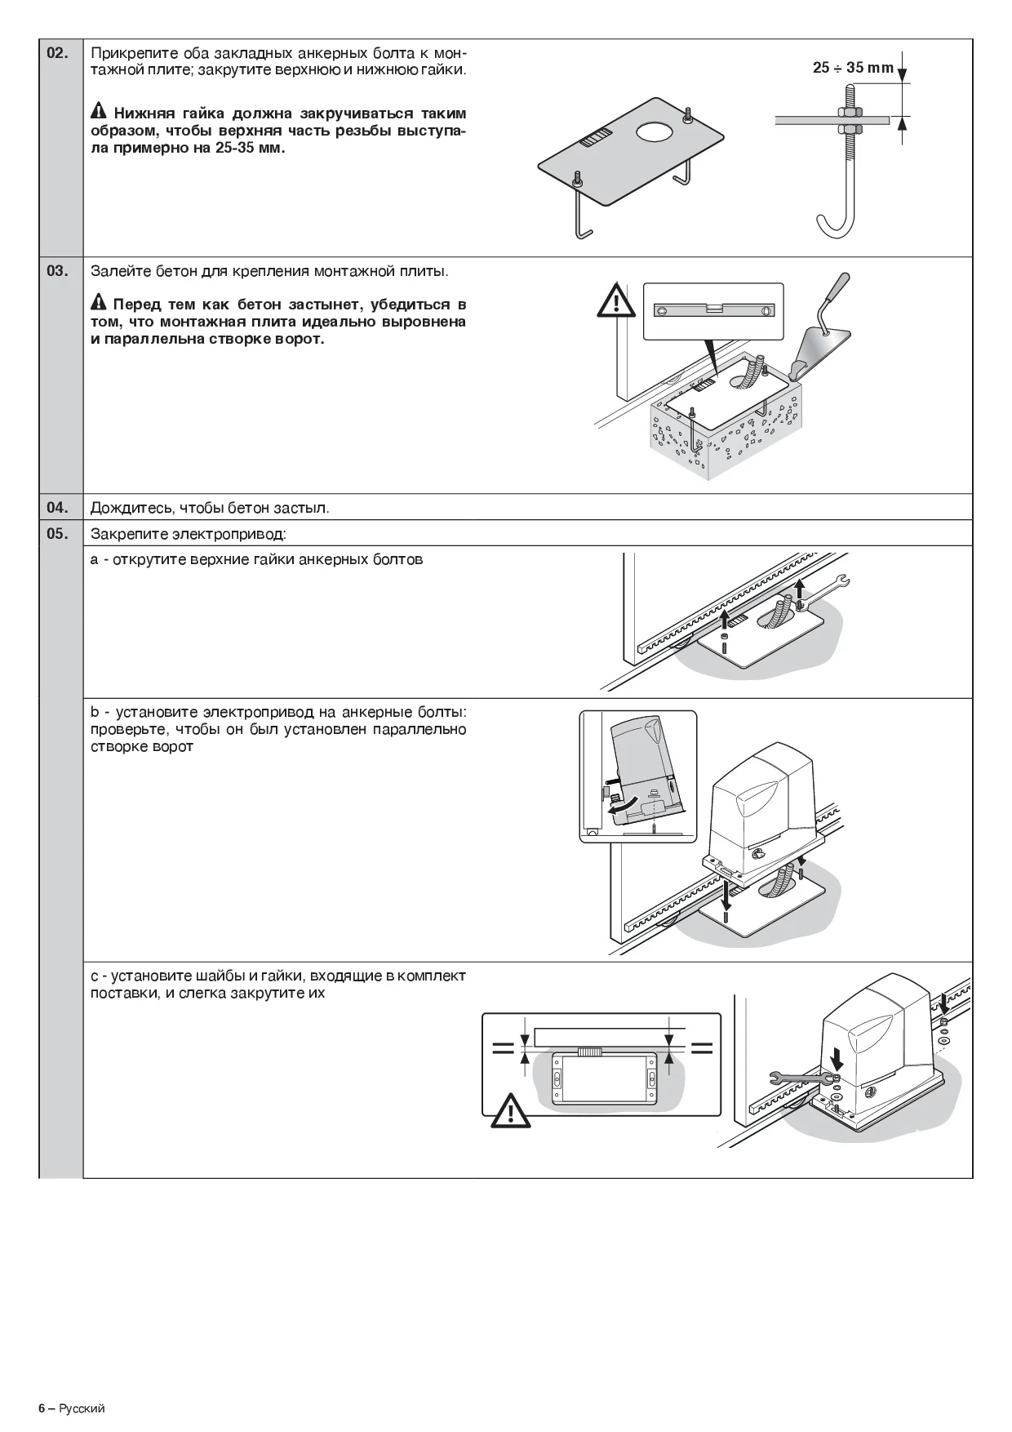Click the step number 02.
[57, 53]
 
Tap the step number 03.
[57, 271]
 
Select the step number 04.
[57, 508]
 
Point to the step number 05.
[57, 535]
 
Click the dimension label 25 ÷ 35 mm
[853, 68]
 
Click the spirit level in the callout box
[712, 310]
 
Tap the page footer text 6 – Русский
[72, 1409]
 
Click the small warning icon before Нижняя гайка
[99, 111]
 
